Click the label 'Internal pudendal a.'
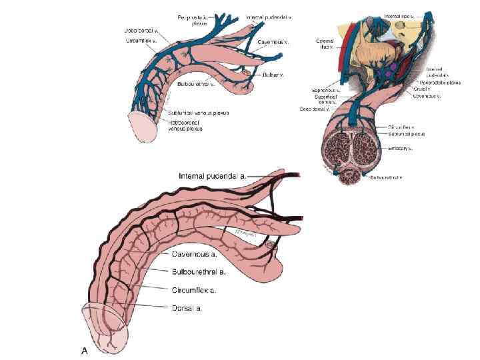pos(212,176)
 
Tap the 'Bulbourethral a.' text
pos(198,272)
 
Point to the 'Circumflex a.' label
pos(194,290)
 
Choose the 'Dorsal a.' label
pos(187,308)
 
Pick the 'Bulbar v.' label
pos(273,75)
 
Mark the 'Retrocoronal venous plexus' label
pos(185,125)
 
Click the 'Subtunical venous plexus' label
pos(199,113)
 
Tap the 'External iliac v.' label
pos(325,44)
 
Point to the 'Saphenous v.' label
pos(326,89)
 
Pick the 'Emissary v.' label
pos(401,148)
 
